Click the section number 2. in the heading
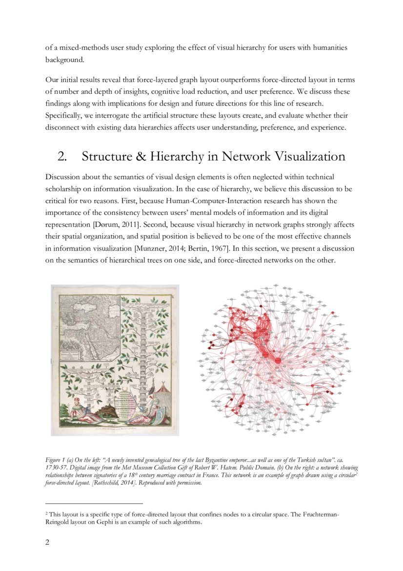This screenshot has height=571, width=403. click(x=62, y=157)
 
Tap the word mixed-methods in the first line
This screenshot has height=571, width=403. click(x=78, y=48)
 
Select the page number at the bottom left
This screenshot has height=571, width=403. click(x=47, y=542)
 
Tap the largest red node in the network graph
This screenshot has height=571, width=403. click(x=278, y=360)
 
